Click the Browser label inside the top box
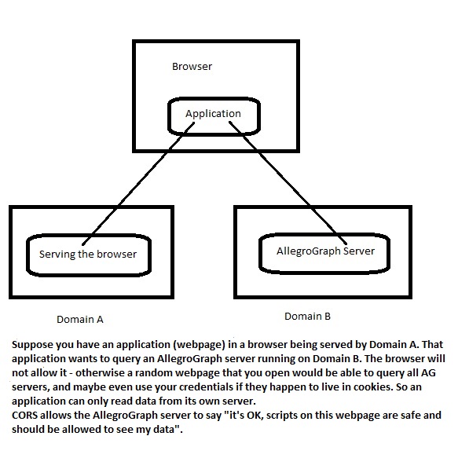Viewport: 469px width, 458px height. pos(192,67)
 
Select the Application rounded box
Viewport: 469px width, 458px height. pos(213,114)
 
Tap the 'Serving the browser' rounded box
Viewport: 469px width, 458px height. pos(88,254)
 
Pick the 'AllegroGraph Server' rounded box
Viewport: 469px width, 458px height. pos(325,251)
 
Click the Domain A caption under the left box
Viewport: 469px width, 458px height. pos(79,320)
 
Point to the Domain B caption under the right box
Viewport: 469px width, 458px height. pos(307,316)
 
